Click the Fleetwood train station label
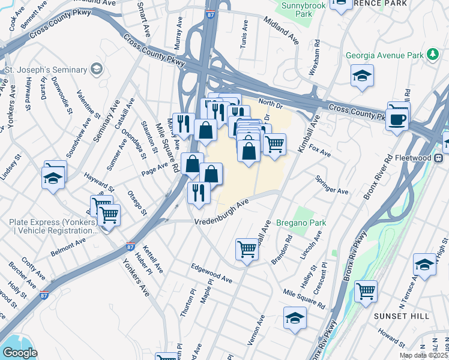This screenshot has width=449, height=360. click(415, 158)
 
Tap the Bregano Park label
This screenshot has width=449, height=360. click(301, 223)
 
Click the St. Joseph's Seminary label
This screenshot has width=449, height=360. click(46, 70)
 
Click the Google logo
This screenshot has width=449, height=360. click(19, 353)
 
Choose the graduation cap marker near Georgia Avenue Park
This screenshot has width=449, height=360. click(362, 76)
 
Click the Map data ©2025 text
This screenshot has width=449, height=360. click(423, 355)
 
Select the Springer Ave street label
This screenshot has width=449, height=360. click(332, 185)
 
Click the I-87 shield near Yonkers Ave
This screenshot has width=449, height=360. click(131, 247)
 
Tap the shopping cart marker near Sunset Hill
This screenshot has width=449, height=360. click(366, 292)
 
